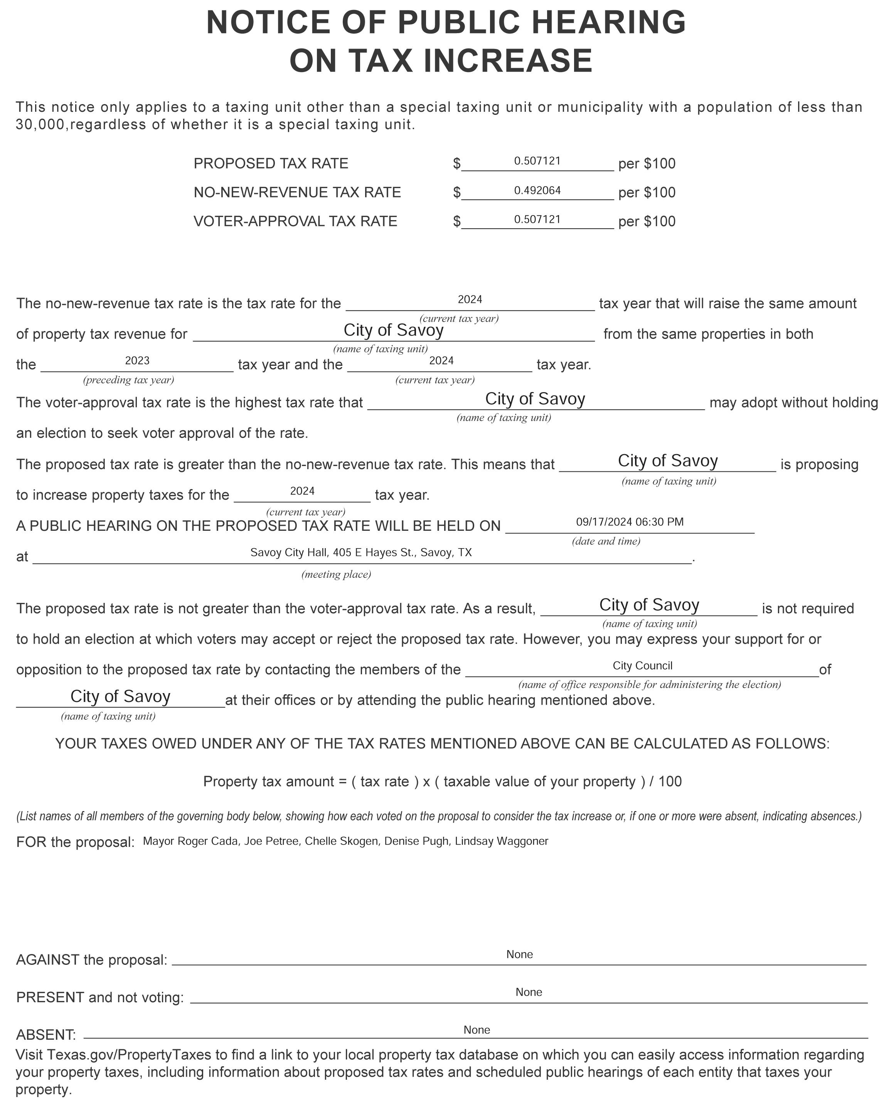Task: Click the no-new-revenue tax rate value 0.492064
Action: [537, 190]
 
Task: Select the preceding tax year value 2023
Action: [137, 361]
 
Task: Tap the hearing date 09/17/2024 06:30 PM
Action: [630, 522]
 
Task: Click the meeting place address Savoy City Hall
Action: [361, 553]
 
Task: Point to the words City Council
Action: [643, 666]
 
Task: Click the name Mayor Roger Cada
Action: [190, 841]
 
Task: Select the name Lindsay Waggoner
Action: [501, 841]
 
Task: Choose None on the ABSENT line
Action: [477, 1030]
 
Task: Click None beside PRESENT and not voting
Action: [529, 992]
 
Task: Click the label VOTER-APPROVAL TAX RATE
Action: [295, 221]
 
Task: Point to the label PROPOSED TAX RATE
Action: [271, 163]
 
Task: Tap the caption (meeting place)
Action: [336, 574]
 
